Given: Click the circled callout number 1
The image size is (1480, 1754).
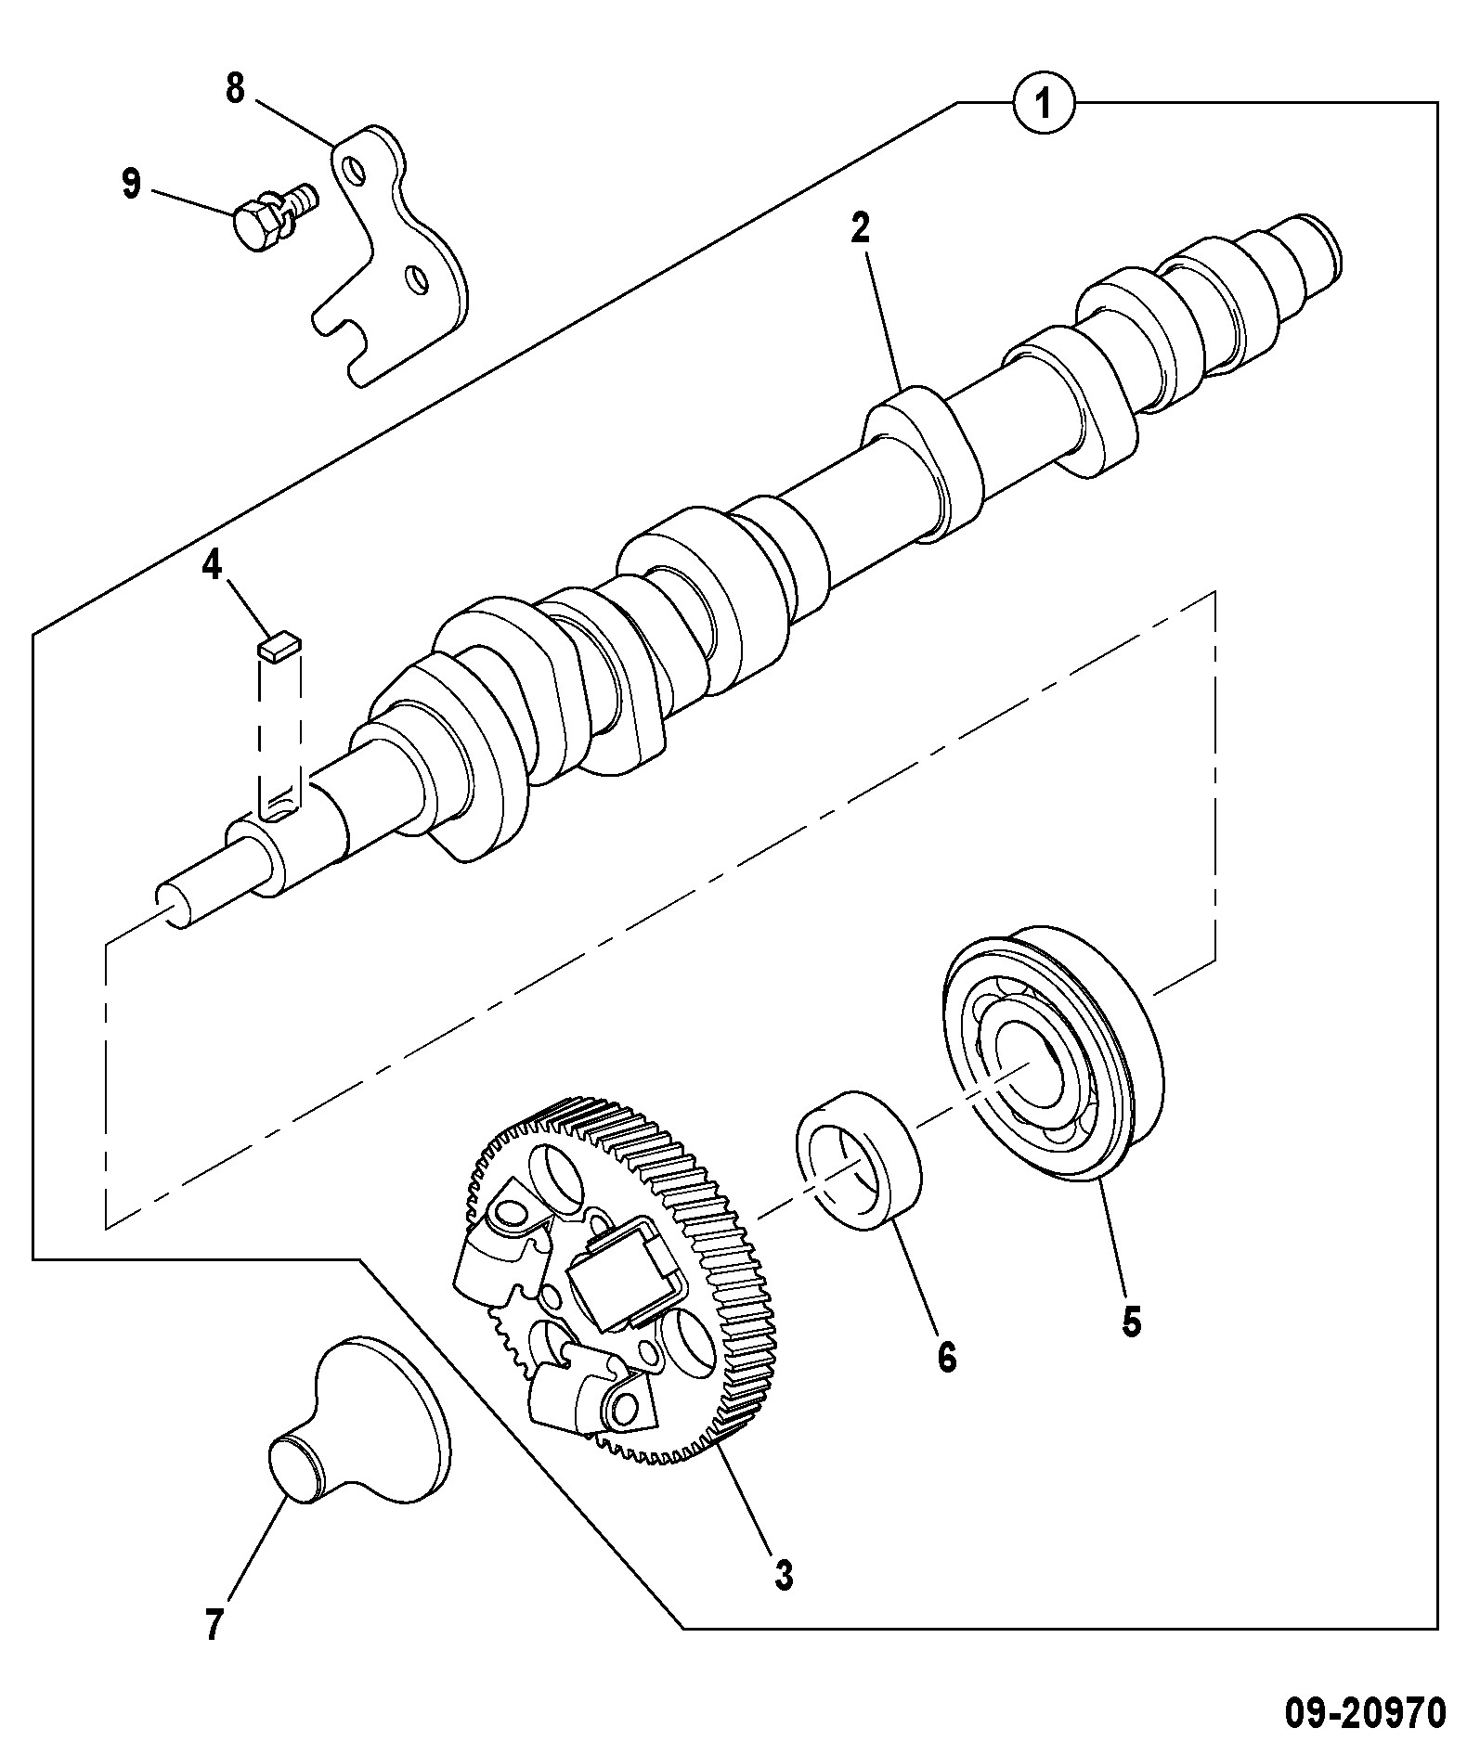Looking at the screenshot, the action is [1044, 105].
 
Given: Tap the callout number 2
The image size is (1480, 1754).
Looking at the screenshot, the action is [860, 226].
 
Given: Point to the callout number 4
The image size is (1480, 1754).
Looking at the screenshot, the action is [213, 564].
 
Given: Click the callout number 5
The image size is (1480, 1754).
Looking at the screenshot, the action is [1130, 1322].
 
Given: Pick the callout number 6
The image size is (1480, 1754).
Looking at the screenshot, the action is [945, 1358].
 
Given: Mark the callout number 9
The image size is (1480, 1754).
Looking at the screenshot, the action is [132, 183].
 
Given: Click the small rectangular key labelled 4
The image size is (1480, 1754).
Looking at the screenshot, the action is [278, 645].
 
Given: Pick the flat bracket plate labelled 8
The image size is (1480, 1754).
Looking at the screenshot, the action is [390, 255].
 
